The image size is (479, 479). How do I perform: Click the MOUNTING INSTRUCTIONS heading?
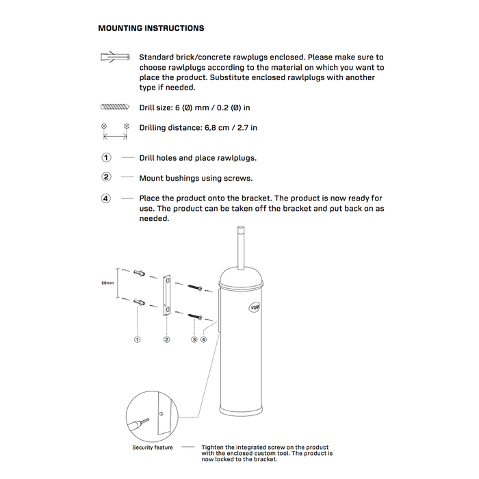151,29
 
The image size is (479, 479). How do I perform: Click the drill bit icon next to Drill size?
115,107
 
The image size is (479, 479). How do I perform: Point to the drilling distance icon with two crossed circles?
115,131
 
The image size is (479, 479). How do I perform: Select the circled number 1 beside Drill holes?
106,157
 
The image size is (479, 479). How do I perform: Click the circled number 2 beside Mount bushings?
106,177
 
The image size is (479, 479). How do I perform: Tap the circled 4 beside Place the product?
106,198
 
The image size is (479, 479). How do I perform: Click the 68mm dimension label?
107,282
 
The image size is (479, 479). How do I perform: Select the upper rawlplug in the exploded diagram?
140,274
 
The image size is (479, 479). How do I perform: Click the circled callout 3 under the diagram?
194,339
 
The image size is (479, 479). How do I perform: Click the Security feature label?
153,448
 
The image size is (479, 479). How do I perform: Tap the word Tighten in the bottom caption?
212,448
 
